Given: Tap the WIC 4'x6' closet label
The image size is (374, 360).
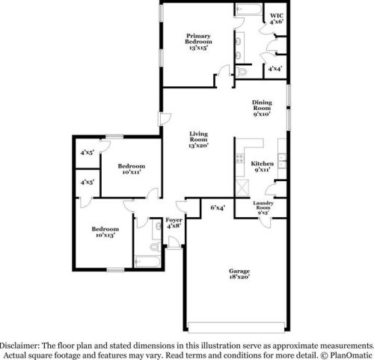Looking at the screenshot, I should tap(277, 19).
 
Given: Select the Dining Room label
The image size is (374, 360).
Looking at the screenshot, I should tap(261, 110).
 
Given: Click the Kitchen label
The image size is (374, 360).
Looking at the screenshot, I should tap(262, 167).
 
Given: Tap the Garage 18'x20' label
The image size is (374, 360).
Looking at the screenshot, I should tap(239, 273).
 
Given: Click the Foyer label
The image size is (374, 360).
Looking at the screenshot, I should tap(174, 224).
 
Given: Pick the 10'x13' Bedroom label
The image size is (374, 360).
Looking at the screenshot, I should tap(105, 232).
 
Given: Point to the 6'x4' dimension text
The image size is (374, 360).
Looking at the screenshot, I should tap(218, 207).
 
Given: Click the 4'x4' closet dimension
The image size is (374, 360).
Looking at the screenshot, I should tap(275, 69).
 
